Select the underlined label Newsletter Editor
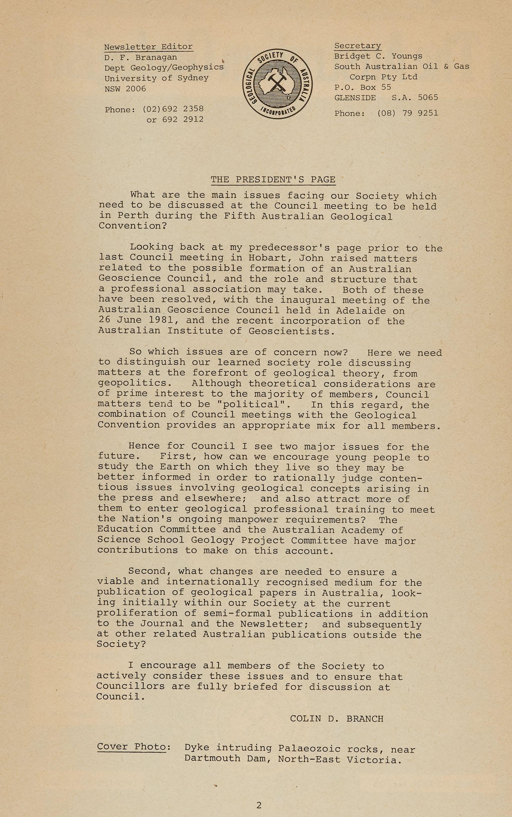tap(148, 47)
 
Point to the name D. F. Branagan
tap(140, 58)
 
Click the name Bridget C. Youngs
tap(378, 56)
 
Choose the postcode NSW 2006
tap(125, 89)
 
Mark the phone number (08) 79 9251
tap(407, 113)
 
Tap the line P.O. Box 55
tap(363, 87)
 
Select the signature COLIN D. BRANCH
tap(337, 719)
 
